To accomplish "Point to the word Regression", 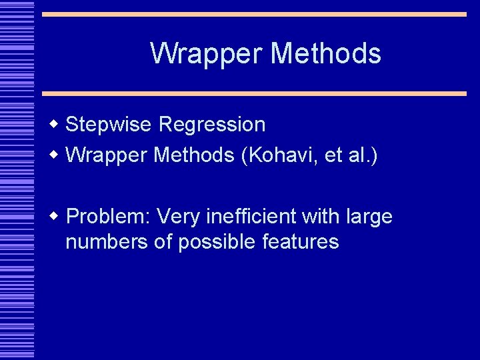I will (x=213, y=124).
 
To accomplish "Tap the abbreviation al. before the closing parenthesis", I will (x=363, y=155).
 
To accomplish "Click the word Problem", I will (x=109, y=217).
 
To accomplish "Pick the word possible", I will (x=219, y=241).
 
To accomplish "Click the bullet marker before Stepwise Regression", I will (x=55, y=124).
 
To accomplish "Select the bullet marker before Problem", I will (x=55, y=217).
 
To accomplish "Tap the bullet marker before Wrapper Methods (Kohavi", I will (x=55, y=155).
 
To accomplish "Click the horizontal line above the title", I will (x=253, y=14).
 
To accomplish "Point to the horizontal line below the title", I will (x=253, y=94).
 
